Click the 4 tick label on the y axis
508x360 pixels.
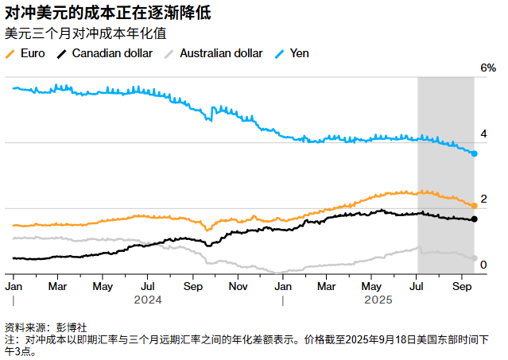click(484, 134)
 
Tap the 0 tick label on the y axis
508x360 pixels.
click(484, 265)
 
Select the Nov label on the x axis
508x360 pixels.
click(238, 285)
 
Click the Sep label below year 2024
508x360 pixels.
click(192, 285)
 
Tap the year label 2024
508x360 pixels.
click(147, 300)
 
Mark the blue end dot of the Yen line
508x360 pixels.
click(474, 153)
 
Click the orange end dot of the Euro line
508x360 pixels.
click(474, 206)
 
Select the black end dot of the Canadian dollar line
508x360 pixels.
click(474, 219)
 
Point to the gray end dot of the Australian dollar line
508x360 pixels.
click(474, 258)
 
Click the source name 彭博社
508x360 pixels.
click(72, 327)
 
